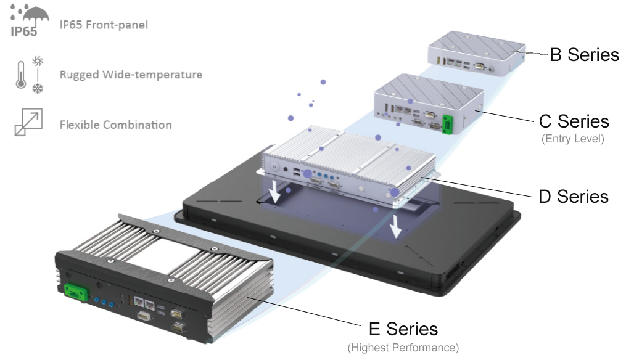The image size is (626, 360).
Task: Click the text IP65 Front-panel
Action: tap(104, 25)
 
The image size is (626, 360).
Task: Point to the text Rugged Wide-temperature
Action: tap(131, 75)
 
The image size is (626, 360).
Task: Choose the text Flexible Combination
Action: tap(115, 125)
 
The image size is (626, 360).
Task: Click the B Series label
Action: tap(584, 55)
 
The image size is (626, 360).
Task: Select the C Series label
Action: tap(573, 121)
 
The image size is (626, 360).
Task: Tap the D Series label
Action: tap(573, 197)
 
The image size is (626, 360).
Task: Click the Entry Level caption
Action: tap(573, 139)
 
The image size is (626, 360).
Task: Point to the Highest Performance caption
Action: tap(403, 348)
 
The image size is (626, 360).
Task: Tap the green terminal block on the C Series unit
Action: tap(448, 121)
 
